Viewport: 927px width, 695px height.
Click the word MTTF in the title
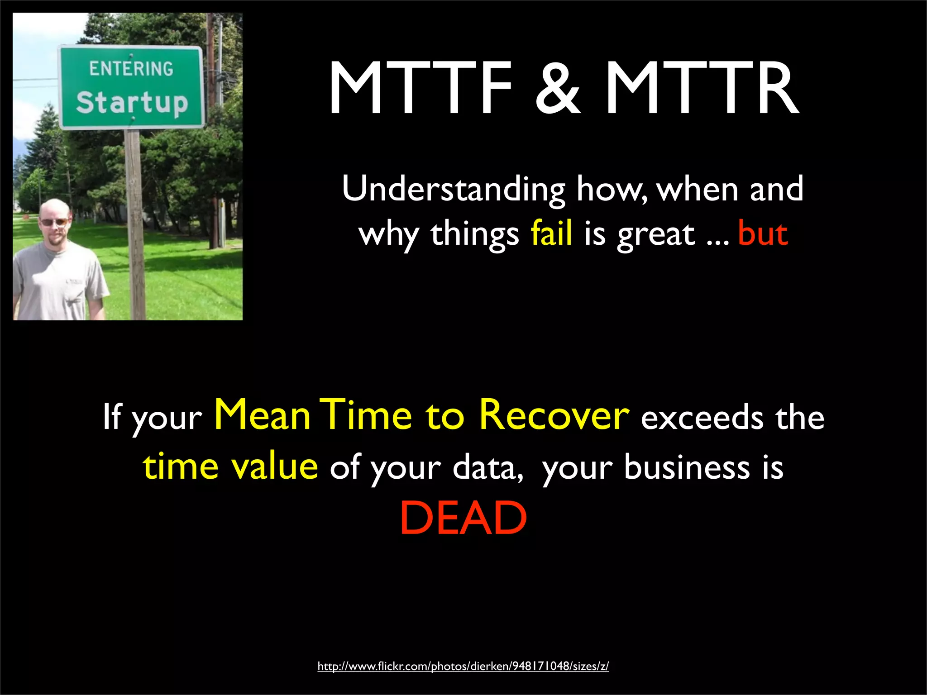(x=421, y=88)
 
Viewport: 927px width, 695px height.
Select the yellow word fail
(x=551, y=233)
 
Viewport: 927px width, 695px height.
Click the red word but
(x=763, y=233)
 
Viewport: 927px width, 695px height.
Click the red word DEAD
(x=463, y=518)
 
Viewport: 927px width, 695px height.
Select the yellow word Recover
(x=554, y=415)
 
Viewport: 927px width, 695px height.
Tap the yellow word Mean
(x=262, y=415)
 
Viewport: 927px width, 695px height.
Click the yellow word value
(x=274, y=467)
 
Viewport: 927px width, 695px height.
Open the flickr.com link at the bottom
(x=463, y=666)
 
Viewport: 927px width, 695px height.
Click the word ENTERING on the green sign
(x=131, y=69)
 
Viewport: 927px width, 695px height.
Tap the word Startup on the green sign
(x=132, y=103)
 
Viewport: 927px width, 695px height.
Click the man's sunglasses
(x=54, y=222)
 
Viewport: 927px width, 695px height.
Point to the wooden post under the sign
(x=135, y=226)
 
